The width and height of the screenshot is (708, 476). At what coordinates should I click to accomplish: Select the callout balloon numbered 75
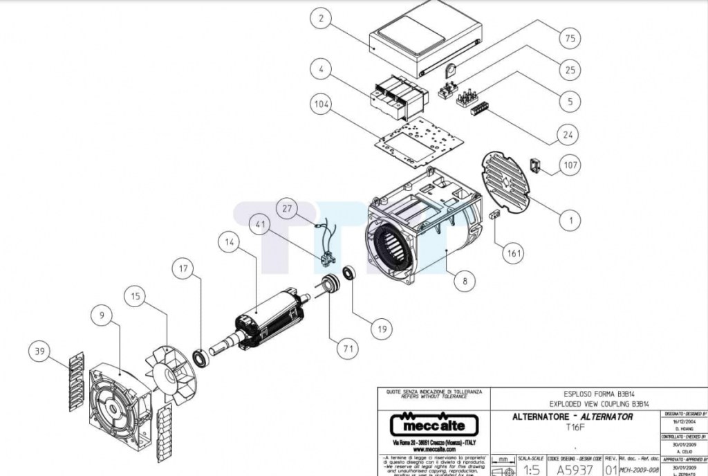pos(570,39)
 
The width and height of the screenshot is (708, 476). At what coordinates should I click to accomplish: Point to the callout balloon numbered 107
pos(570,165)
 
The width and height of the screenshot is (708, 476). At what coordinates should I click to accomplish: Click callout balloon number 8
pos(465,281)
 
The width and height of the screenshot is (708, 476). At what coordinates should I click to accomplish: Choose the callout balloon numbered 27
pos(288,207)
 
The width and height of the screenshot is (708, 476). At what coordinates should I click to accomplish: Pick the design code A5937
pos(575,468)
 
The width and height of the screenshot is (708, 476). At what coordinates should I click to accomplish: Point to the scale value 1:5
pos(530,469)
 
